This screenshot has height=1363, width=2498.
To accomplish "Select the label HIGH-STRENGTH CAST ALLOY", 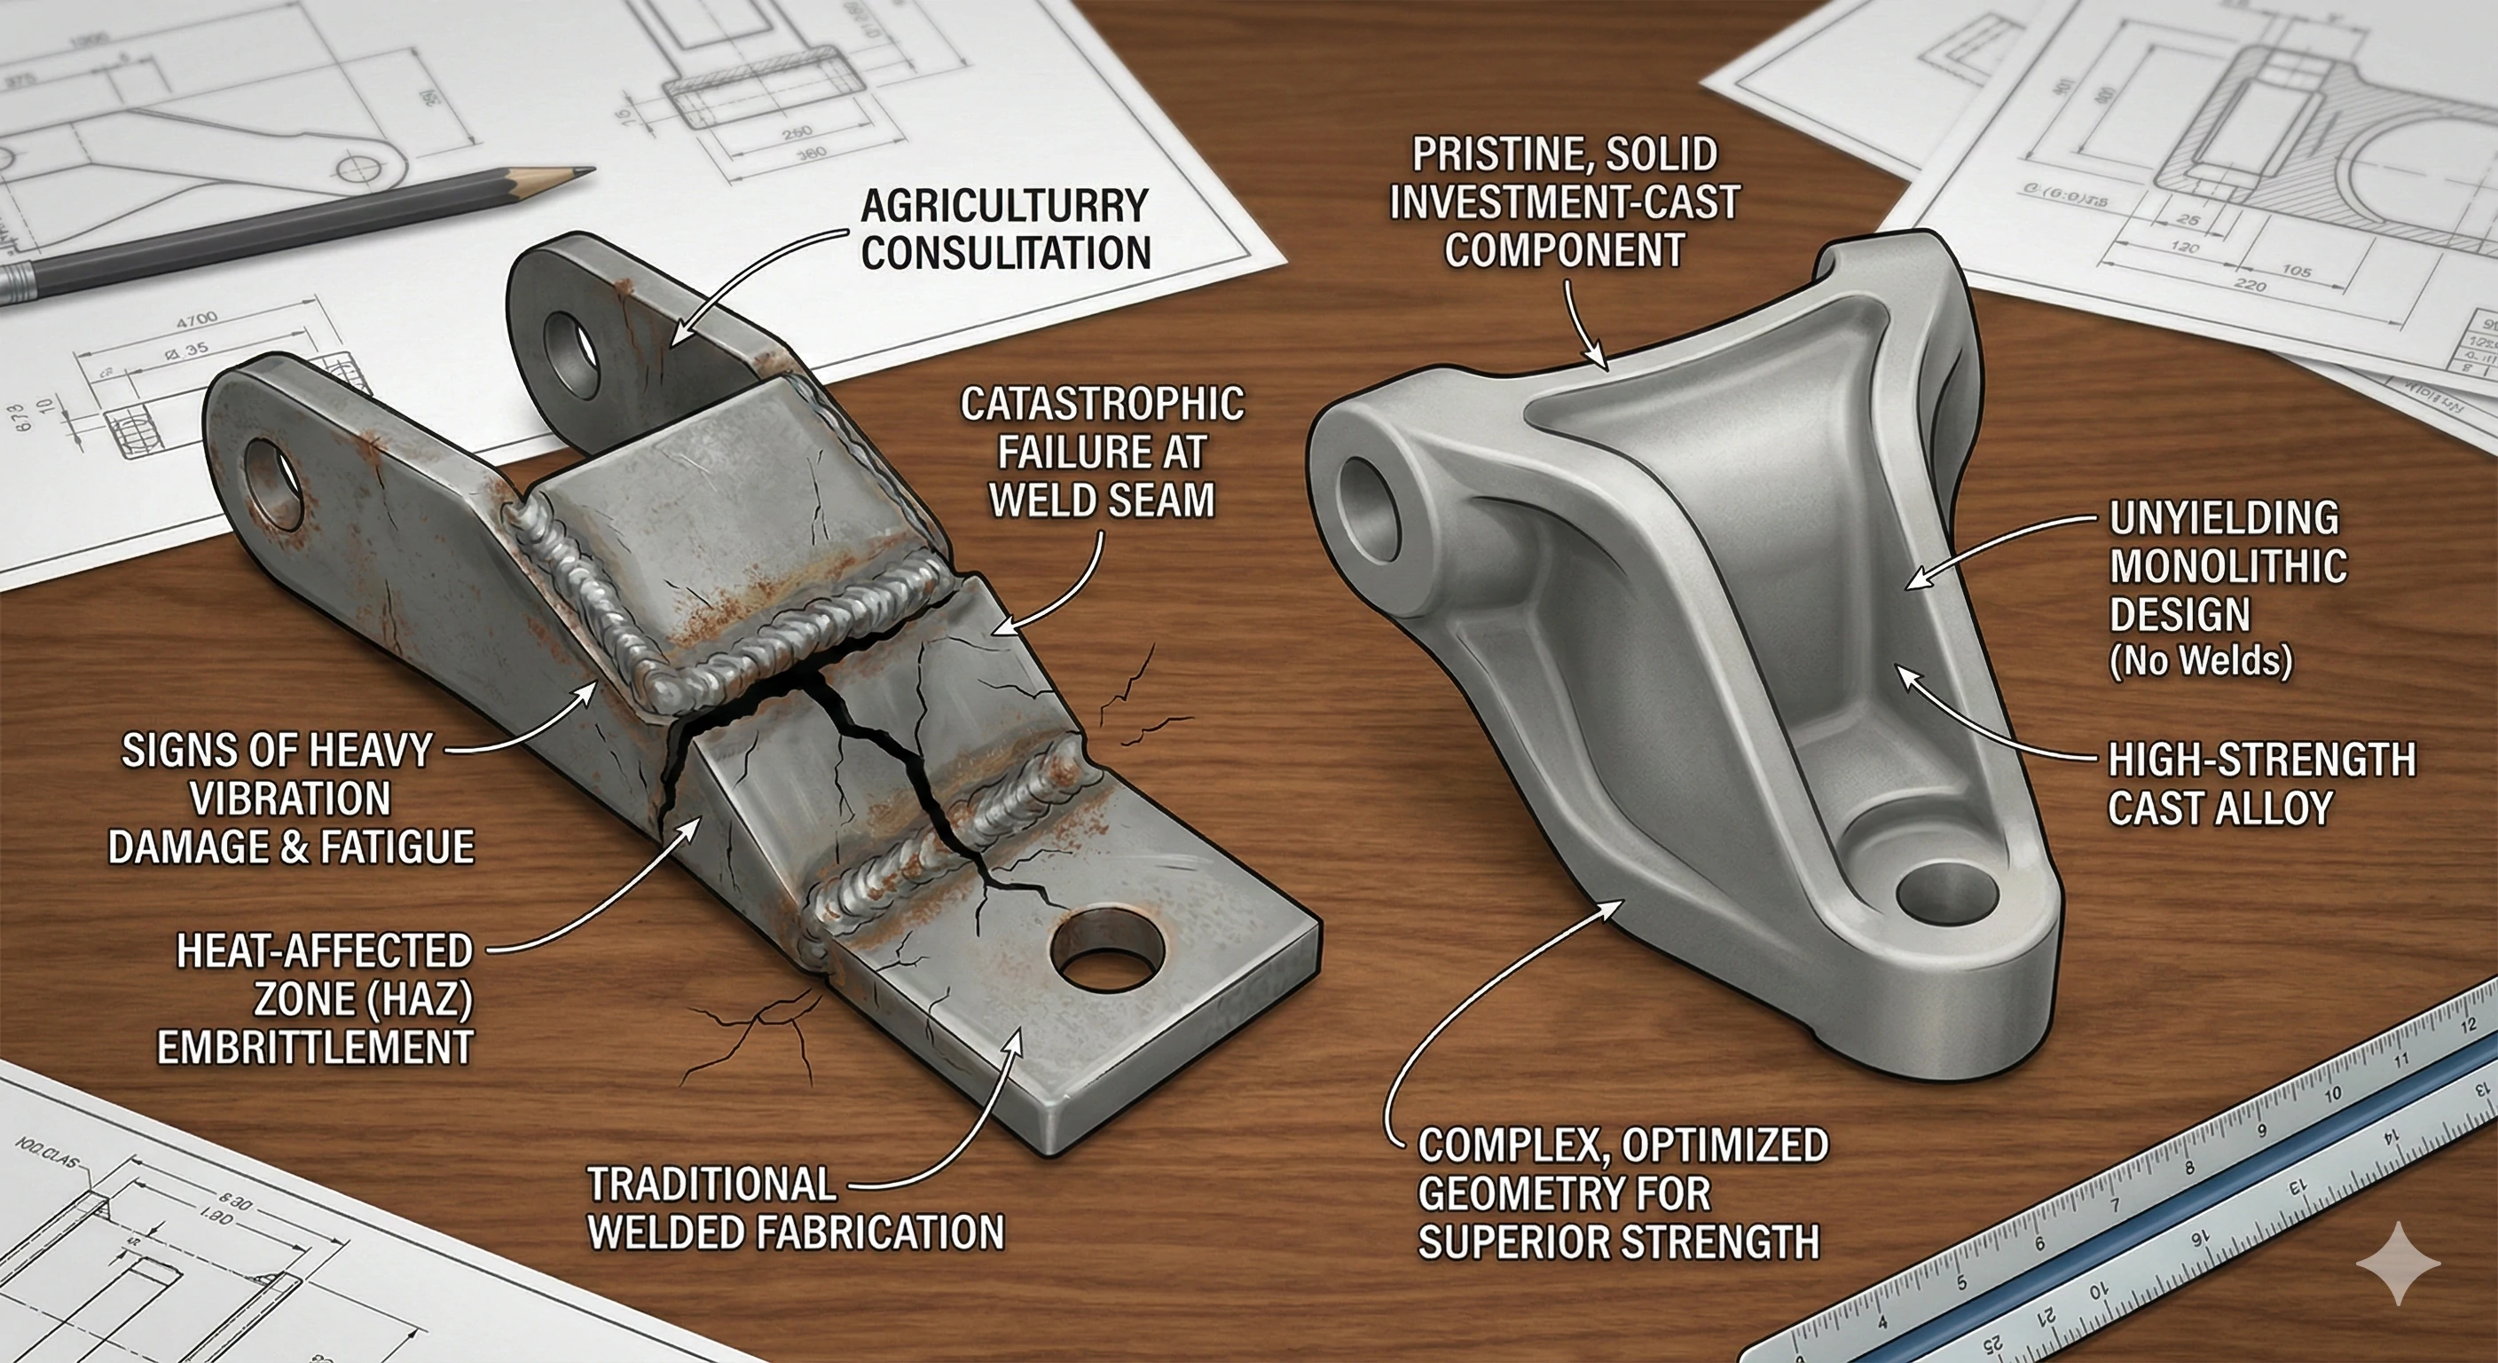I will point(2259,784).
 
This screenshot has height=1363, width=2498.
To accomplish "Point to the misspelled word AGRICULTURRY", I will point(1005,207).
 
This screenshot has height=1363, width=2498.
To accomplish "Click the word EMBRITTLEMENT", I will point(316,1049).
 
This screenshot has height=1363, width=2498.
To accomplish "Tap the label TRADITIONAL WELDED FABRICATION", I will point(795,1209).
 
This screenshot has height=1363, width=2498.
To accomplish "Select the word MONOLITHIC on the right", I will point(2227,566).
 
